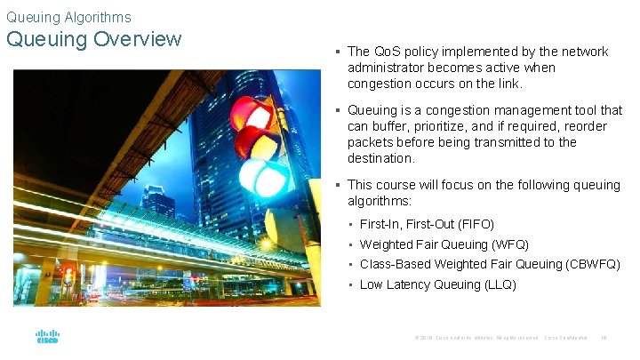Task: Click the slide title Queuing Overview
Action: (93, 40)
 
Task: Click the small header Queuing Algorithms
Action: (68, 17)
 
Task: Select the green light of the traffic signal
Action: (263, 177)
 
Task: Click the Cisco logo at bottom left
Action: (47, 338)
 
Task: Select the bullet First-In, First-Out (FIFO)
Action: (427, 224)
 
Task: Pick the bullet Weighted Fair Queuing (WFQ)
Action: (444, 244)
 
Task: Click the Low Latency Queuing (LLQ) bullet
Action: (437, 284)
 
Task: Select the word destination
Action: (380, 158)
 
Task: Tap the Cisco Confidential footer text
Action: (565, 338)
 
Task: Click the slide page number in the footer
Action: (604, 338)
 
